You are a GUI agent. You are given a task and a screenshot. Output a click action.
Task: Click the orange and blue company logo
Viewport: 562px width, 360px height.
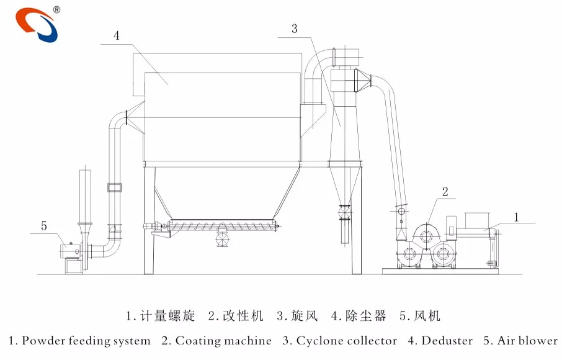(x=37, y=24)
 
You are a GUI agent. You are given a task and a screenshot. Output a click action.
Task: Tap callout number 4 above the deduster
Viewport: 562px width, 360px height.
(x=117, y=35)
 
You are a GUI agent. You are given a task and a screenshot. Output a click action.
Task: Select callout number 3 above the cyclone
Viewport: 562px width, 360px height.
(x=294, y=29)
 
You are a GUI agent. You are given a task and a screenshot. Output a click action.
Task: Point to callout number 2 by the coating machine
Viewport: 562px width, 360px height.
(x=445, y=191)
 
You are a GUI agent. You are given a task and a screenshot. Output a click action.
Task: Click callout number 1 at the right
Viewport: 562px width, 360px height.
(x=516, y=217)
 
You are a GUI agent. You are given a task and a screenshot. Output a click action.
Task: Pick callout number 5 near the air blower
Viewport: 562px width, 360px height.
(x=43, y=226)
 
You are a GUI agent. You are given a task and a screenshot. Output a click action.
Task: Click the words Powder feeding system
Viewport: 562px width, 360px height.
(x=86, y=341)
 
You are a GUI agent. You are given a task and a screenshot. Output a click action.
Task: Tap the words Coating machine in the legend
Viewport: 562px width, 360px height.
(x=223, y=341)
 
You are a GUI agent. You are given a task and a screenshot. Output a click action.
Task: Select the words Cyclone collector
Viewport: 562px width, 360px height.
(x=347, y=341)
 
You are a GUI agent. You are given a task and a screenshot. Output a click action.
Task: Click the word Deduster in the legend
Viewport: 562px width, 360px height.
(x=447, y=341)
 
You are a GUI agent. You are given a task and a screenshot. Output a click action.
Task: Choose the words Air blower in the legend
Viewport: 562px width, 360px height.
(x=527, y=341)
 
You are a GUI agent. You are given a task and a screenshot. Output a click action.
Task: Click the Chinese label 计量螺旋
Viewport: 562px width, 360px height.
(x=167, y=315)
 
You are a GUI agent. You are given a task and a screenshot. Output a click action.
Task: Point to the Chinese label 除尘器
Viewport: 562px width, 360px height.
(x=365, y=315)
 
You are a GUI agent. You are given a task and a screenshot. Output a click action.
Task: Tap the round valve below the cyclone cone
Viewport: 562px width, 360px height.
(x=344, y=212)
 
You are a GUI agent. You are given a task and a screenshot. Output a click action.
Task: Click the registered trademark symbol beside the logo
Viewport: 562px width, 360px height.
(x=56, y=10)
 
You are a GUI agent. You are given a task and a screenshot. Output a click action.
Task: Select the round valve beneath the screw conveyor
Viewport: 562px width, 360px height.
(x=223, y=239)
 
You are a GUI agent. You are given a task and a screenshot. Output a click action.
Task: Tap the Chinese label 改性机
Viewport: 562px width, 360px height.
(x=243, y=315)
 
